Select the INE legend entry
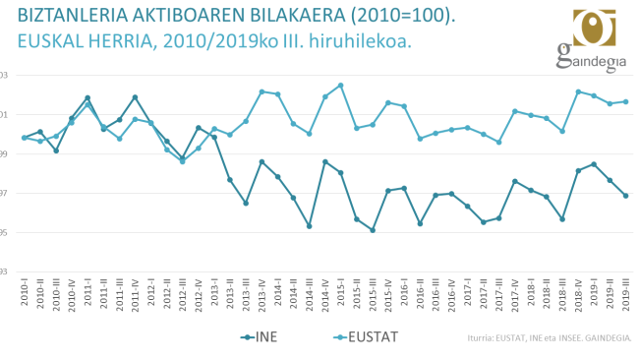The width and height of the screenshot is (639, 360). [x=261, y=338]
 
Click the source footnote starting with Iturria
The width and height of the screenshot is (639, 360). [x=551, y=338]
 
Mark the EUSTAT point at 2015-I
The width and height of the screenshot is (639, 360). [x=341, y=85]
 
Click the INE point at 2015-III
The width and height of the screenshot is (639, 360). [x=373, y=230]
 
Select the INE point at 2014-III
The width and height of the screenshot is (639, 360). [x=310, y=226]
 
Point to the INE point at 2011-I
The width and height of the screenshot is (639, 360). [x=87, y=97]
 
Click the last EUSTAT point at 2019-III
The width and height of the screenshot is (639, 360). [x=626, y=101]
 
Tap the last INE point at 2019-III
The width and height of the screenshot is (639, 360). [x=626, y=196]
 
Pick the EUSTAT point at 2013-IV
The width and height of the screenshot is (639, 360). [x=261, y=91]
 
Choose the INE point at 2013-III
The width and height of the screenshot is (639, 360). [x=246, y=203]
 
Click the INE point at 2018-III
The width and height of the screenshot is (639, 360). [x=562, y=218]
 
